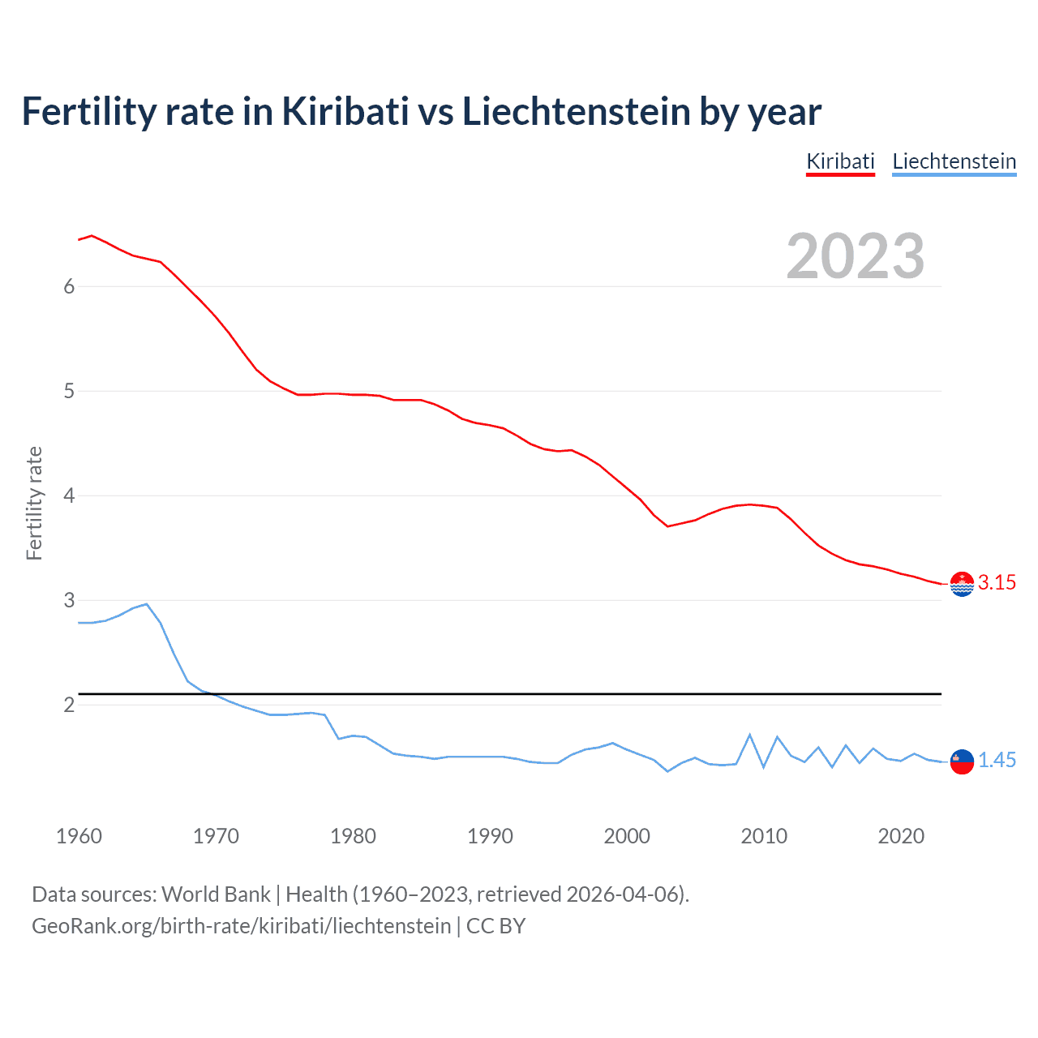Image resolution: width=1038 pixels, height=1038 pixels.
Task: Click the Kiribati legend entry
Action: [x=840, y=161]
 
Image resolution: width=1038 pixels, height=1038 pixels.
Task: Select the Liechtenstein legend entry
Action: [x=954, y=161]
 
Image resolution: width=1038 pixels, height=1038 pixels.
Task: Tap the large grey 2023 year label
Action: [x=855, y=256]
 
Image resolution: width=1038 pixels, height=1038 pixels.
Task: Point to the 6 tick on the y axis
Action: [x=69, y=286]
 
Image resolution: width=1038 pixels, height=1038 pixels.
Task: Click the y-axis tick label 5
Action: [x=69, y=391]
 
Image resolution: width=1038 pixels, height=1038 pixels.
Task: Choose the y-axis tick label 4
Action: [x=69, y=495]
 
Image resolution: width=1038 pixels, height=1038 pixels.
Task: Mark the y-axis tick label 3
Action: [x=69, y=600]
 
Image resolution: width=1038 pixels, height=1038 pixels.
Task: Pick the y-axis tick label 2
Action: [x=69, y=705]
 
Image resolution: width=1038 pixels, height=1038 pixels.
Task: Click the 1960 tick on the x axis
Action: [x=79, y=836]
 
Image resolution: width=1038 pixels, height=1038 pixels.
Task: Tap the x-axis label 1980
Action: [x=353, y=836]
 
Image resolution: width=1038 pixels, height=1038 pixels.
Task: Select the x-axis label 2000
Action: [x=627, y=836]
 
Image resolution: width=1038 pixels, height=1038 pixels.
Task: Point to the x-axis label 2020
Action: [x=901, y=836]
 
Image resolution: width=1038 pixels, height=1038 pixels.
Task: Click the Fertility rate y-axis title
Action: [x=34, y=503]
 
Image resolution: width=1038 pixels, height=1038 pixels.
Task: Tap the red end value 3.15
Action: [x=997, y=582]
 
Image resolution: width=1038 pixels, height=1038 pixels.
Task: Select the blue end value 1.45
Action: [x=997, y=760]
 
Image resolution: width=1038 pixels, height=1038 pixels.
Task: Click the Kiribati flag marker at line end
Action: [x=962, y=584]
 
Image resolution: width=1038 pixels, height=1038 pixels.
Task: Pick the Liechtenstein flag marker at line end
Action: [x=962, y=761]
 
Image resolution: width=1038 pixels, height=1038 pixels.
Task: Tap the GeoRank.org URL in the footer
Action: [x=241, y=925]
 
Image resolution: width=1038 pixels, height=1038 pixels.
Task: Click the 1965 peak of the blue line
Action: [x=146, y=604]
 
